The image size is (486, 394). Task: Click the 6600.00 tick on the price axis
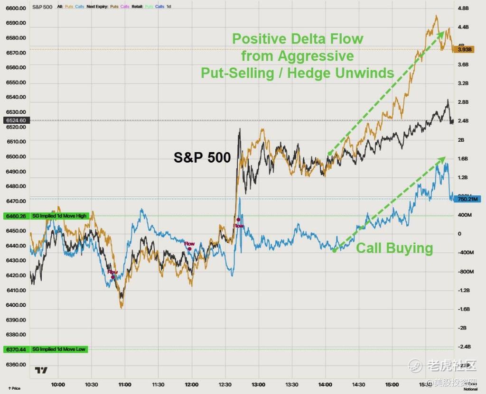(16, 8)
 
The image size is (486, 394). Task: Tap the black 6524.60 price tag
(16, 120)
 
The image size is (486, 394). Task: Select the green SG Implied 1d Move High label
(59, 216)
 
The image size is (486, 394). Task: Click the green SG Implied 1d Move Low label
(58, 349)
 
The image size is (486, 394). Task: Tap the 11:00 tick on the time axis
(125, 385)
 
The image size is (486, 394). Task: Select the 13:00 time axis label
(258, 385)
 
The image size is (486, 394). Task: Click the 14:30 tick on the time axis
(358, 385)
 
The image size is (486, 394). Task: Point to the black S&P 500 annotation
(202, 158)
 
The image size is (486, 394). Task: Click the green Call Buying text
(394, 248)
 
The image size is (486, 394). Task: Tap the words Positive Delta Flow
(298, 38)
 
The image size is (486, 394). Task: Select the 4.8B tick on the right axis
(463, 8)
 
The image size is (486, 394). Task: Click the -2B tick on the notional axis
(461, 328)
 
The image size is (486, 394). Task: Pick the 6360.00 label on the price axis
(16, 365)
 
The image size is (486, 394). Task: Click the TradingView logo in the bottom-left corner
(41, 370)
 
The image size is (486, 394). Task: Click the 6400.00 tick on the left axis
(16, 305)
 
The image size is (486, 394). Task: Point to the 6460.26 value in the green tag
(16, 216)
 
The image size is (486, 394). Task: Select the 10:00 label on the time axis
(58, 385)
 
